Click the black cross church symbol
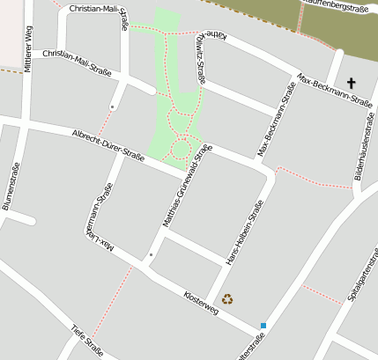(x=352, y=84)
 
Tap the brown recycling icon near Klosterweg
(x=227, y=299)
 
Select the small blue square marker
(x=263, y=326)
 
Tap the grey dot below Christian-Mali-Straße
(x=112, y=107)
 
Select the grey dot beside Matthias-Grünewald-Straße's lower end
(x=151, y=255)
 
